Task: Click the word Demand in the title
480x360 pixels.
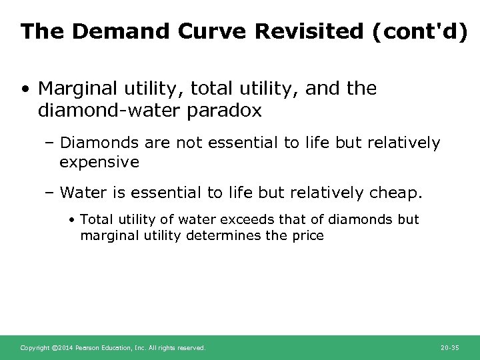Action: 102,31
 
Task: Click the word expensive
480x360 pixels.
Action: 99,162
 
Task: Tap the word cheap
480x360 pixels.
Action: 396,193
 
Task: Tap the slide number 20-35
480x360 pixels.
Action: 450,348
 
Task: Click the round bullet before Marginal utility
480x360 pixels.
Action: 25,89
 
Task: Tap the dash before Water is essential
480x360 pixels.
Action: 50,193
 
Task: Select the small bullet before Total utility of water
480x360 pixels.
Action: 73,220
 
